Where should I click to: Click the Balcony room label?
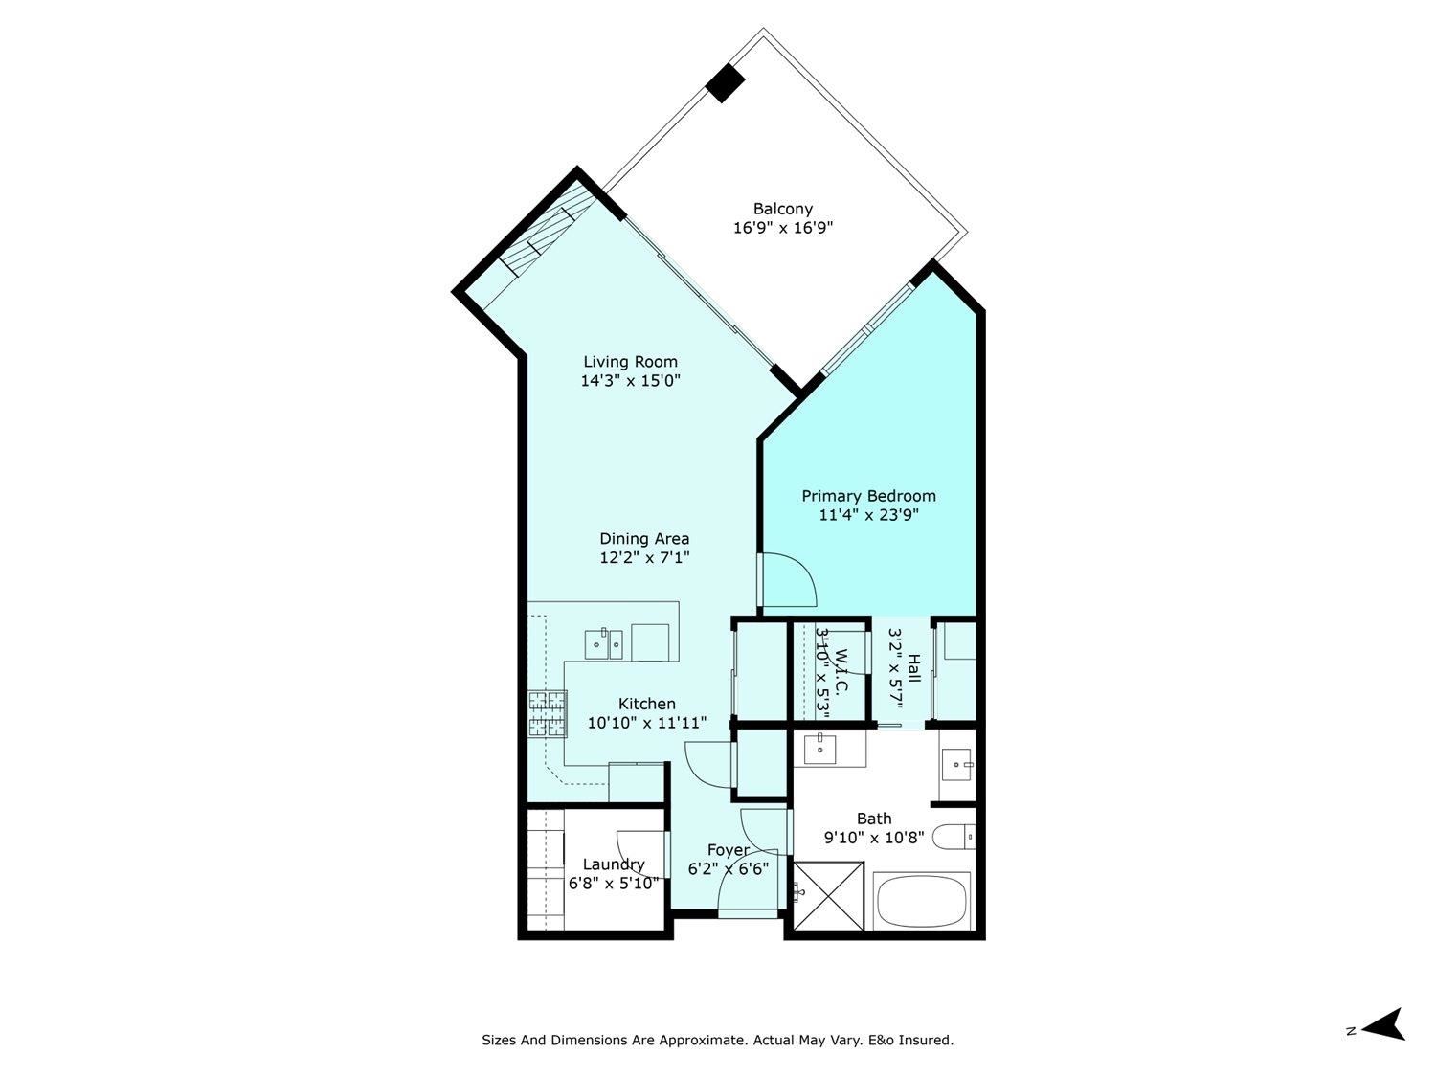pos(782,210)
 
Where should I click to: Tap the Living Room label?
pos(630,362)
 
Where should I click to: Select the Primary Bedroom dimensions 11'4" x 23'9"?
pos(869,515)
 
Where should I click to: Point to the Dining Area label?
pos(644,539)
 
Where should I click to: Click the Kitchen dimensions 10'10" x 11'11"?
pos(646,723)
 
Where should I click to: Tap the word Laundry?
pos(614,865)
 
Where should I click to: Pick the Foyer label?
pos(729,850)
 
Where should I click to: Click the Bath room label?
pos(874,819)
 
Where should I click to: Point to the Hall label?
pos(914,668)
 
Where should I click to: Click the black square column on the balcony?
pos(725,83)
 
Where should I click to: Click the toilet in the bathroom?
pos(954,837)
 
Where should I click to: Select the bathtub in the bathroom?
pos(921,901)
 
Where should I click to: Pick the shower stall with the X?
pos(829,895)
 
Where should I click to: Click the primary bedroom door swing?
pos(787,580)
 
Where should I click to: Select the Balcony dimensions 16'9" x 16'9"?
pos(782,228)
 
